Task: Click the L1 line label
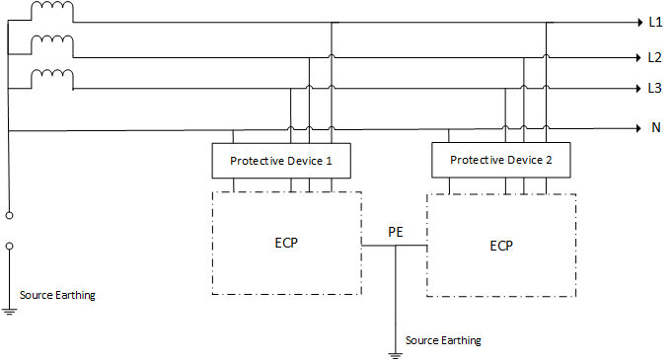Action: (x=654, y=22)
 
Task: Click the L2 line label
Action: (x=654, y=57)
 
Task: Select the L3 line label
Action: (x=654, y=89)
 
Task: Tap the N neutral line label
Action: (x=654, y=128)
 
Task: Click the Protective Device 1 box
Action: (x=281, y=160)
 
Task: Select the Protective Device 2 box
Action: (x=501, y=160)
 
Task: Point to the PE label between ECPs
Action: (x=395, y=232)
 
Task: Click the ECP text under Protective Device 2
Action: (x=501, y=243)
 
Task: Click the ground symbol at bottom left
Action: (x=9, y=311)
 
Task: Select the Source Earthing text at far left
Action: (x=58, y=295)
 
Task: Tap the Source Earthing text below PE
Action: (x=443, y=340)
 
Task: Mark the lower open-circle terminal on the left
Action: (x=9, y=246)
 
